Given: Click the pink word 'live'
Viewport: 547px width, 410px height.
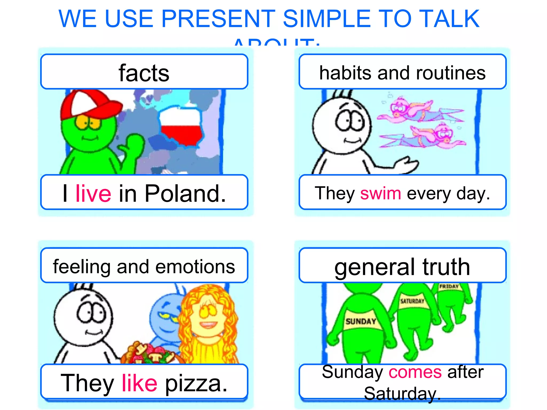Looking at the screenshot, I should pyautogui.click(x=93, y=194).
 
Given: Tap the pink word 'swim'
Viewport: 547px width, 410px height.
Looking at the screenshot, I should pyautogui.click(x=380, y=194).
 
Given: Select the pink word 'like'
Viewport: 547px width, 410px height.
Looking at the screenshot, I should pyautogui.click(x=139, y=383).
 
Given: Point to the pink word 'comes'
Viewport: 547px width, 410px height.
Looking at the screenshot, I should pyautogui.click(x=415, y=372).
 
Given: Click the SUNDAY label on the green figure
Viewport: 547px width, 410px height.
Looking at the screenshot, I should pyautogui.click(x=361, y=321).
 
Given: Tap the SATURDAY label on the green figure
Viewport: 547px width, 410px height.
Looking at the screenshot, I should pyautogui.click(x=412, y=301).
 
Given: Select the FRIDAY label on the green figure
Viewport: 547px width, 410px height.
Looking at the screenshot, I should pyautogui.click(x=449, y=287).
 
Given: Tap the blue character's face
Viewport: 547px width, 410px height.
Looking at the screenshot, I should pyautogui.click(x=166, y=315).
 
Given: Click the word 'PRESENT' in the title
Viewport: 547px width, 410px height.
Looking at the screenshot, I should pyautogui.click(x=218, y=19).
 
